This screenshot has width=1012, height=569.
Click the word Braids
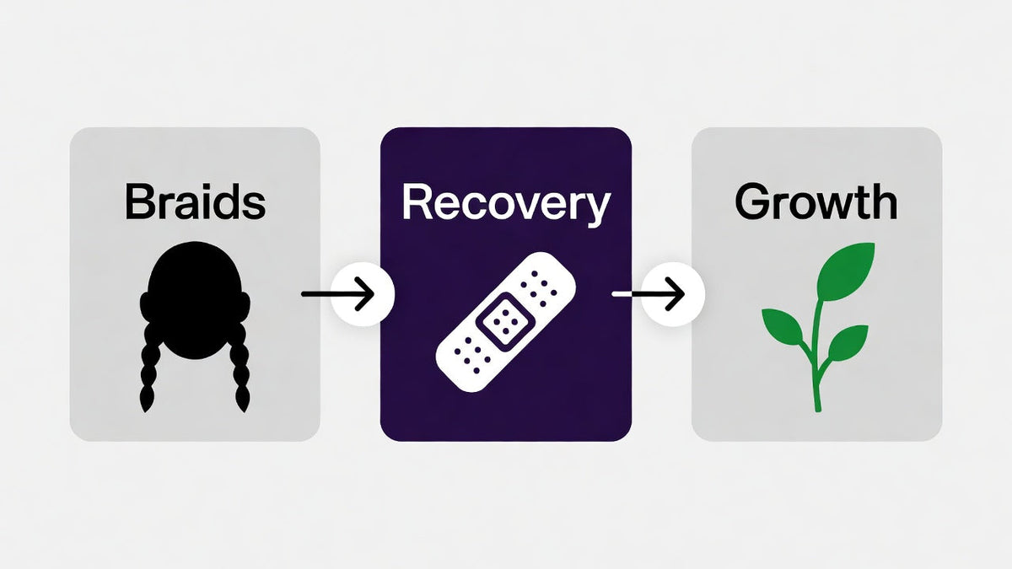(195, 201)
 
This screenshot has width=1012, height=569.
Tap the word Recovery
(507, 204)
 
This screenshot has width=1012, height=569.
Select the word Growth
(816, 201)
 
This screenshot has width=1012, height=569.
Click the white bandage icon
(505, 322)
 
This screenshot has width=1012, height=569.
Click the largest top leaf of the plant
(845, 271)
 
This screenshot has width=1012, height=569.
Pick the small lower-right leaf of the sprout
(848, 342)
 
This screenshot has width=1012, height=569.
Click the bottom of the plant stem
(818, 409)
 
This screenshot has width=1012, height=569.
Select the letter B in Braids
(138, 201)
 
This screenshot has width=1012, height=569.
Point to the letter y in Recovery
(596, 210)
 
